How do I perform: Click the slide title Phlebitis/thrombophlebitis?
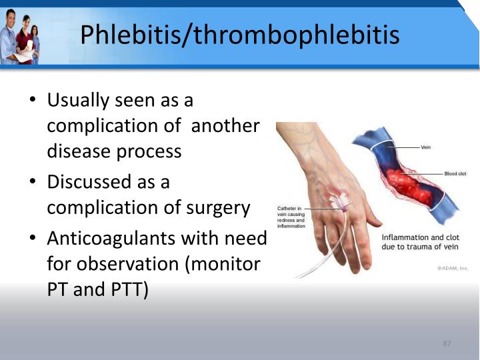pyautogui.click(x=240, y=33)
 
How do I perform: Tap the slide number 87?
pyautogui.click(x=447, y=343)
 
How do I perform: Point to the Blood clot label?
pyautogui.click(x=455, y=173)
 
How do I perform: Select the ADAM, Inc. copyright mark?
pyautogui.click(x=453, y=268)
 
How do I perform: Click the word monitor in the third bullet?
pyautogui.click(x=224, y=264)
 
